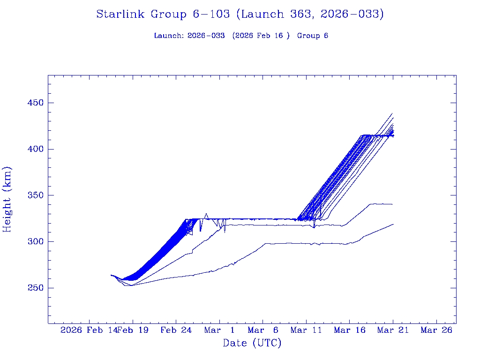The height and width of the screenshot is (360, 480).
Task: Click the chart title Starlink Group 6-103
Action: (240, 15)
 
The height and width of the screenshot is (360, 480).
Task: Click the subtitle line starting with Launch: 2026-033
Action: (241, 36)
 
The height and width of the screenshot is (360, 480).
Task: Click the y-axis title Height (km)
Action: (7, 199)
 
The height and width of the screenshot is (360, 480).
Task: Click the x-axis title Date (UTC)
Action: (252, 343)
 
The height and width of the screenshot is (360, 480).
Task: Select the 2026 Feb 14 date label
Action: (88, 330)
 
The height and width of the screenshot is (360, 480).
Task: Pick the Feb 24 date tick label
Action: (176, 330)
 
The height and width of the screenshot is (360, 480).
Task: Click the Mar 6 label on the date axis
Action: (263, 330)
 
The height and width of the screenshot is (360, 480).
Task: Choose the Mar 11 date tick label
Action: (306, 330)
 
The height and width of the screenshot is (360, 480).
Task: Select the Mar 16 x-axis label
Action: (350, 330)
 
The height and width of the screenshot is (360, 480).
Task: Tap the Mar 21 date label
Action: (393, 330)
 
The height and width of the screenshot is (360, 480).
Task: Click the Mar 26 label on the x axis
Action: (436, 330)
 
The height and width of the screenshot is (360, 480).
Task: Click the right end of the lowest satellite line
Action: (393, 224)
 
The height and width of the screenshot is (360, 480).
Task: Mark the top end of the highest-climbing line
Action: (392, 113)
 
